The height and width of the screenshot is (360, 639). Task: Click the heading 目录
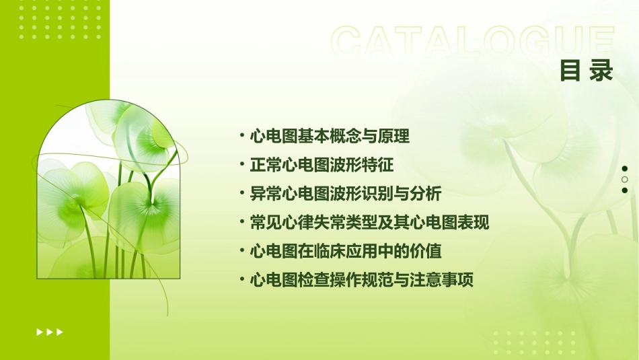pyautogui.click(x=587, y=71)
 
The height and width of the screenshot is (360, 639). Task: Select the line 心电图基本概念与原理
pyautogui.click(x=330, y=137)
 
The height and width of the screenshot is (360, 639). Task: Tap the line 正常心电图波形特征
pyautogui.click(x=322, y=165)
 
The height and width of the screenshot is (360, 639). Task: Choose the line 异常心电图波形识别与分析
pyautogui.click(x=345, y=194)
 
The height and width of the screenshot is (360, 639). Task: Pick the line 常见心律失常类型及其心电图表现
pyautogui.click(x=369, y=223)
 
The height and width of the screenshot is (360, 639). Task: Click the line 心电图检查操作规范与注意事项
pyautogui.click(x=361, y=280)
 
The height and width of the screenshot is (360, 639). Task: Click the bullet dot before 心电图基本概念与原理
pyautogui.click(x=242, y=135)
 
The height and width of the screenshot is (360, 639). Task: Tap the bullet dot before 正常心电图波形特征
pyautogui.click(x=242, y=164)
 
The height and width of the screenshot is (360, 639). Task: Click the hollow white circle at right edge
pyautogui.click(x=625, y=180)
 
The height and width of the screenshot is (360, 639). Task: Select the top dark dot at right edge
pyautogui.click(x=625, y=169)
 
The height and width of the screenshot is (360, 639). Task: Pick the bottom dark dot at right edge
pyautogui.click(x=625, y=190)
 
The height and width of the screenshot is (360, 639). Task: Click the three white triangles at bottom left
pyautogui.click(x=50, y=332)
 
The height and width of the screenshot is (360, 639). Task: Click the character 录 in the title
pyautogui.click(x=601, y=71)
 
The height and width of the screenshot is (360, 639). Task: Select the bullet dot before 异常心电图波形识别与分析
pyautogui.click(x=242, y=193)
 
